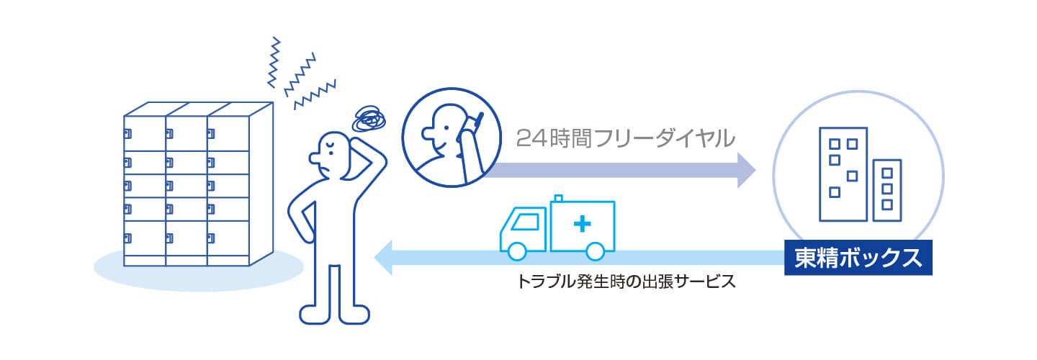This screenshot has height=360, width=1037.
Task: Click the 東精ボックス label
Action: pyautogui.click(x=858, y=258)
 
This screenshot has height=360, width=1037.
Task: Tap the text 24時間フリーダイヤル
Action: pyautogui.click(x=625, y=137)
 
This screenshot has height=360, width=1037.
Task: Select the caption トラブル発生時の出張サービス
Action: pyautogui.click(x=626, y=281)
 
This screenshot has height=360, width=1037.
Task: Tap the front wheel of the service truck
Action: pyautogui.click(x=517, y=251)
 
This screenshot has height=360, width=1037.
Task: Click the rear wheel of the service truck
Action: pyautogui.click(x=595, y=251)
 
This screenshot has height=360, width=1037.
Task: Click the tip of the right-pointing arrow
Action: pyautogui.click(x=753, y=170)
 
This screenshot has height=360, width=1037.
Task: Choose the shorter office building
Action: pyautogui.click(x=887, y=189)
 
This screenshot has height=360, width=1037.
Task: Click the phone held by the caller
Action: pyautogui.click(x=475, y=124)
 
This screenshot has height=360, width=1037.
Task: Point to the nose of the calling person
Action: pyautogui.click(x=424, y=133)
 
